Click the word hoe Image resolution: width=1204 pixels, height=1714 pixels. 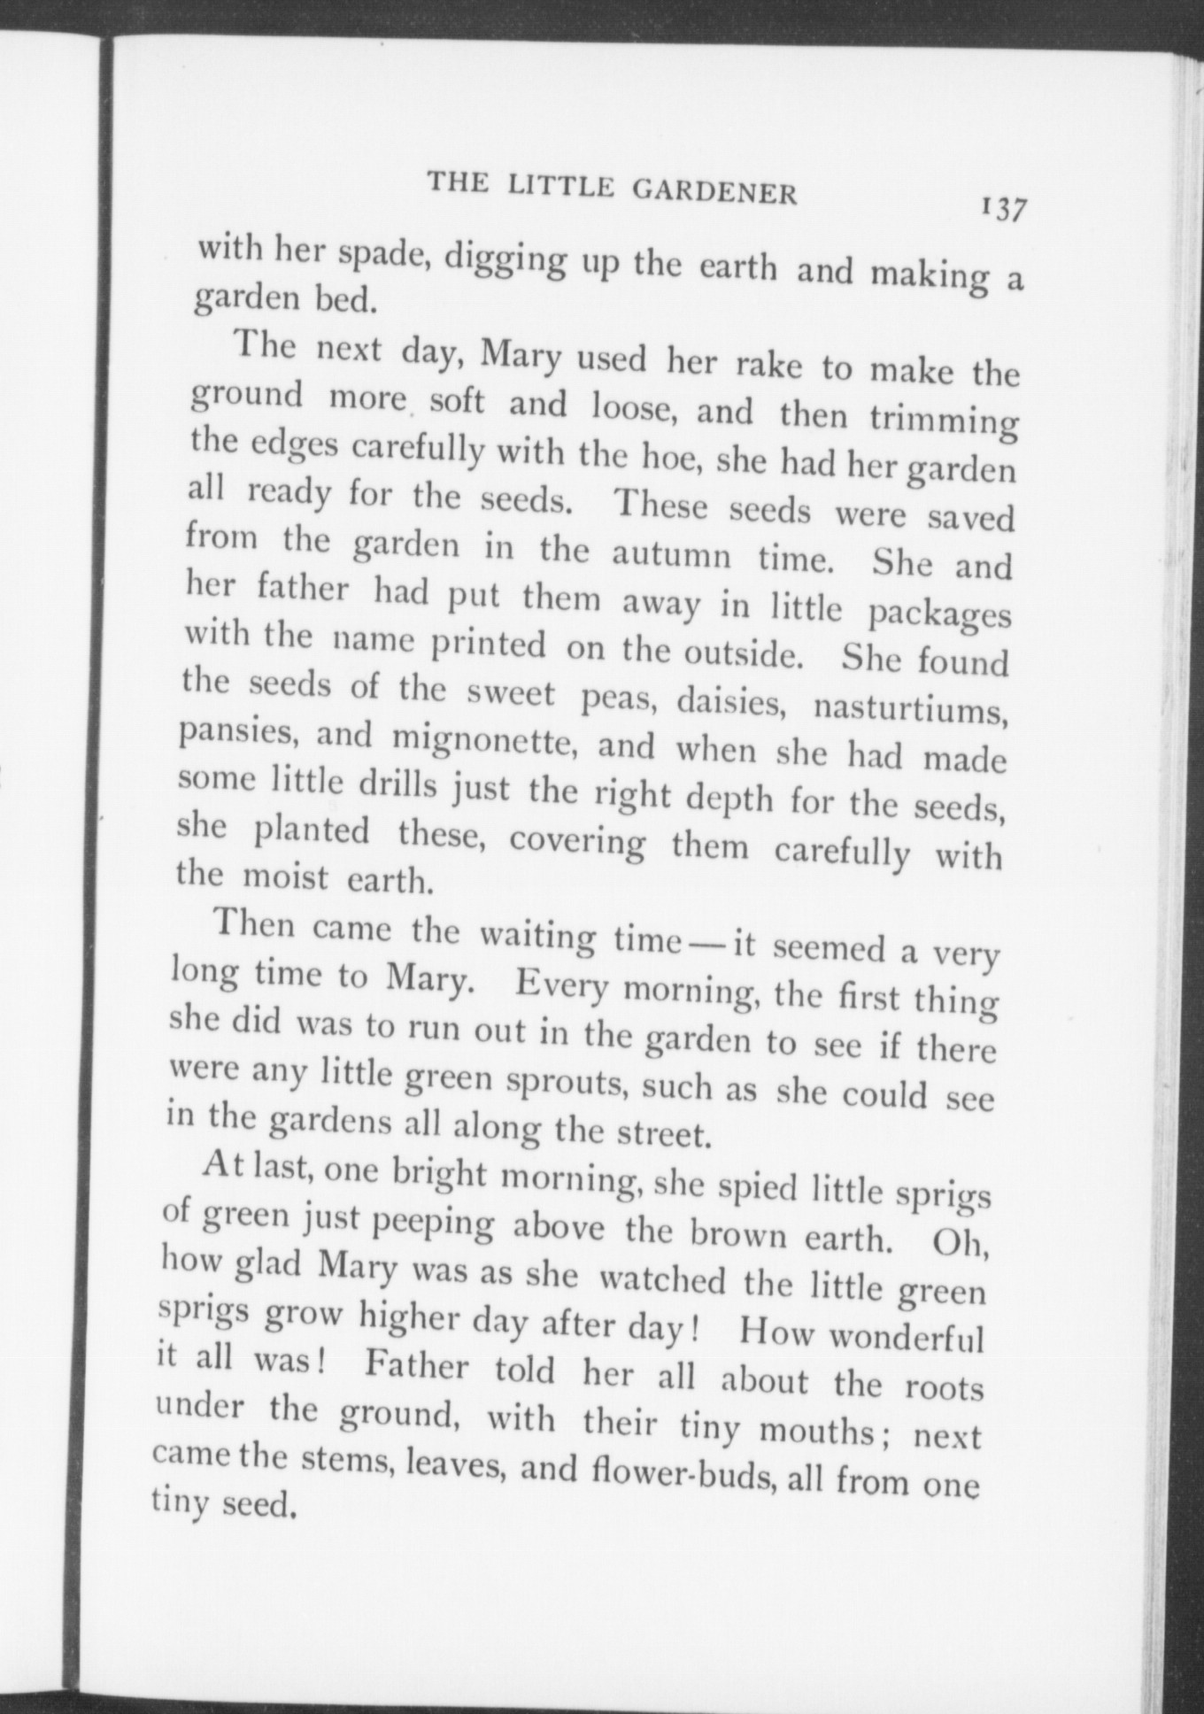[677, 458]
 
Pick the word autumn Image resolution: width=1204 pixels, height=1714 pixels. [672, 555]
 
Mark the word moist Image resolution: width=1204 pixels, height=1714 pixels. [286, 878]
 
